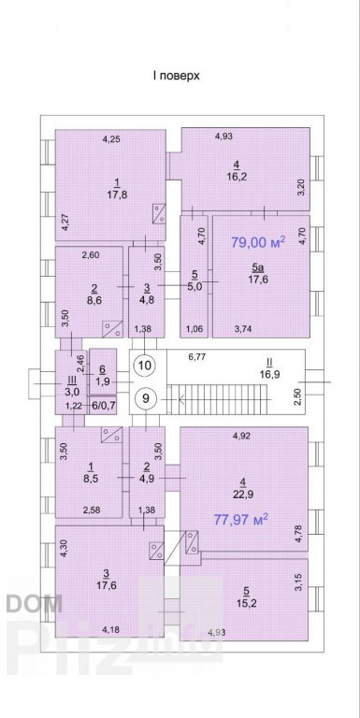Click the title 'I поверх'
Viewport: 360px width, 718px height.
click(x=177, y=76)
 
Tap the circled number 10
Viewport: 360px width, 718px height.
click(x=145, y=365)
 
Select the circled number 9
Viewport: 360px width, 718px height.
click(x=146, y=398)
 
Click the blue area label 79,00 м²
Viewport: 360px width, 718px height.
click(x=258, y=242)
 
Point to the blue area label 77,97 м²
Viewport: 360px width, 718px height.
click(x=241, y=519)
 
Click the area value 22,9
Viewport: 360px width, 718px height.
click(x=243, y=494)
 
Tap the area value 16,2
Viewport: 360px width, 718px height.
click(x=237, y=177)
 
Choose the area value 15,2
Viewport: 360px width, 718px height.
click(x=247, y=603)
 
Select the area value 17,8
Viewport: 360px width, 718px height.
click(x=117, y=194)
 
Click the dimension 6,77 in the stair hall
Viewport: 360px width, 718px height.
click(x=197, y=357)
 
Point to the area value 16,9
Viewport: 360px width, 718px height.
click(x=269, y=374)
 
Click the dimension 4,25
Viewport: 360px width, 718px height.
click(x=111, y=140)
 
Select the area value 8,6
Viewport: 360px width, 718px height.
click(x=94, y=302)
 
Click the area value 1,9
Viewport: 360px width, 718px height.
click(x=103, y=382)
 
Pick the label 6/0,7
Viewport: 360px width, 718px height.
click(x=103, y=406)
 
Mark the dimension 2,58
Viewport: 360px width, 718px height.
click(x=92, y=510)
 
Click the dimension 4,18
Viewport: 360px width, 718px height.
click(x=111, y=629)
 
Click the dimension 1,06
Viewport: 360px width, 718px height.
click(x=194, y=328)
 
